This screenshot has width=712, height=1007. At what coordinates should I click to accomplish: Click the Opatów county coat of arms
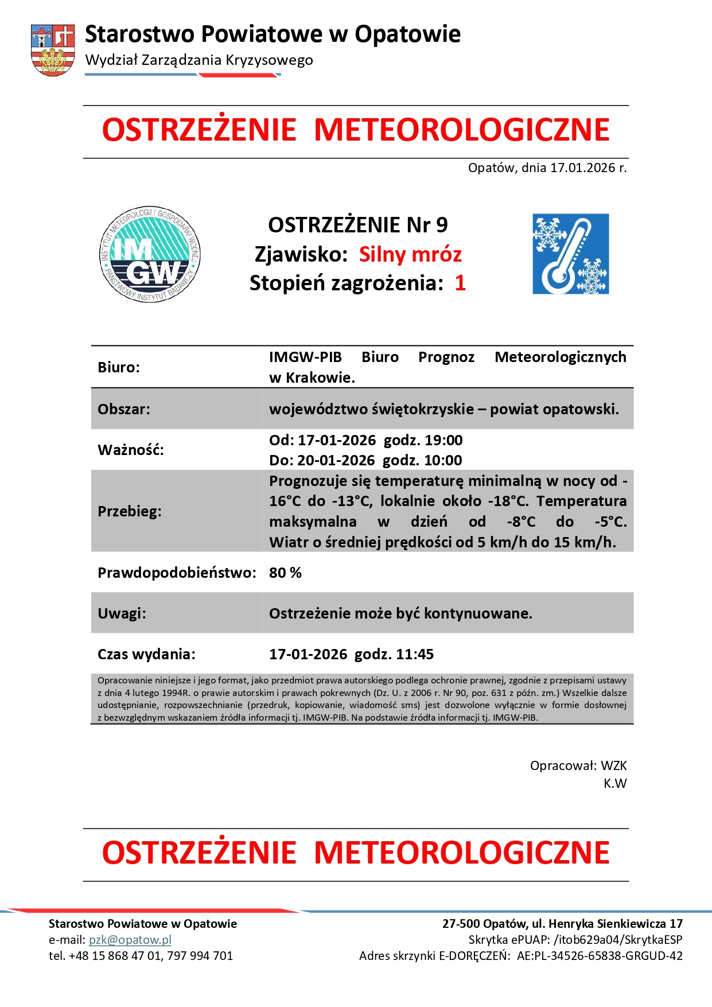tap(53, 50)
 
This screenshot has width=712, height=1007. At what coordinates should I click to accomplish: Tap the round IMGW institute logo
tap(150, 254)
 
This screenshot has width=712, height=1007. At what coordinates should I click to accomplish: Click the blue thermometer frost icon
tap(570, 254)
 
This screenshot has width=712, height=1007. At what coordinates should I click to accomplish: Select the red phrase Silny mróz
tap(410, 254)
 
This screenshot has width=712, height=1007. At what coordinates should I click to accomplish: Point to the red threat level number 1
tap(460, 283)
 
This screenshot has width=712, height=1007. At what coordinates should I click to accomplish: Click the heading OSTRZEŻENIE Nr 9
tap(357, 225)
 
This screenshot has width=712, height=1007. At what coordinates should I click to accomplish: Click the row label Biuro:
tap(119, 367)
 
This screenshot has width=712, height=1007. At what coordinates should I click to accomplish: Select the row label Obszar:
tap(124, 409)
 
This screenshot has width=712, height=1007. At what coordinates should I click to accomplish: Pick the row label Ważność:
tap(131, 450)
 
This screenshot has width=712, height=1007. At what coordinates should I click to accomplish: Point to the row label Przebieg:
tap(130, 511)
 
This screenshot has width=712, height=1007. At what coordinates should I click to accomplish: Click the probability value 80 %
tap(285, 573)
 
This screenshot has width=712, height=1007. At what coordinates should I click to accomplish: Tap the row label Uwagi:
tap(122, 613)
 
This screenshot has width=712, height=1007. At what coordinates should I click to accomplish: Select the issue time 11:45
tap(415, 654)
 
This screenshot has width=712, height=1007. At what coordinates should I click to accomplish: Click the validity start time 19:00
tap(443, 440)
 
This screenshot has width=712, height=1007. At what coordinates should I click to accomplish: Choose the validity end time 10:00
tap(443, 460)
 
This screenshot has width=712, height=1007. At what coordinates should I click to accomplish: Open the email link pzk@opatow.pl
tap(130, 940)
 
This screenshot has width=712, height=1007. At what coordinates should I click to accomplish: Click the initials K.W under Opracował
tap(615, 783)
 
